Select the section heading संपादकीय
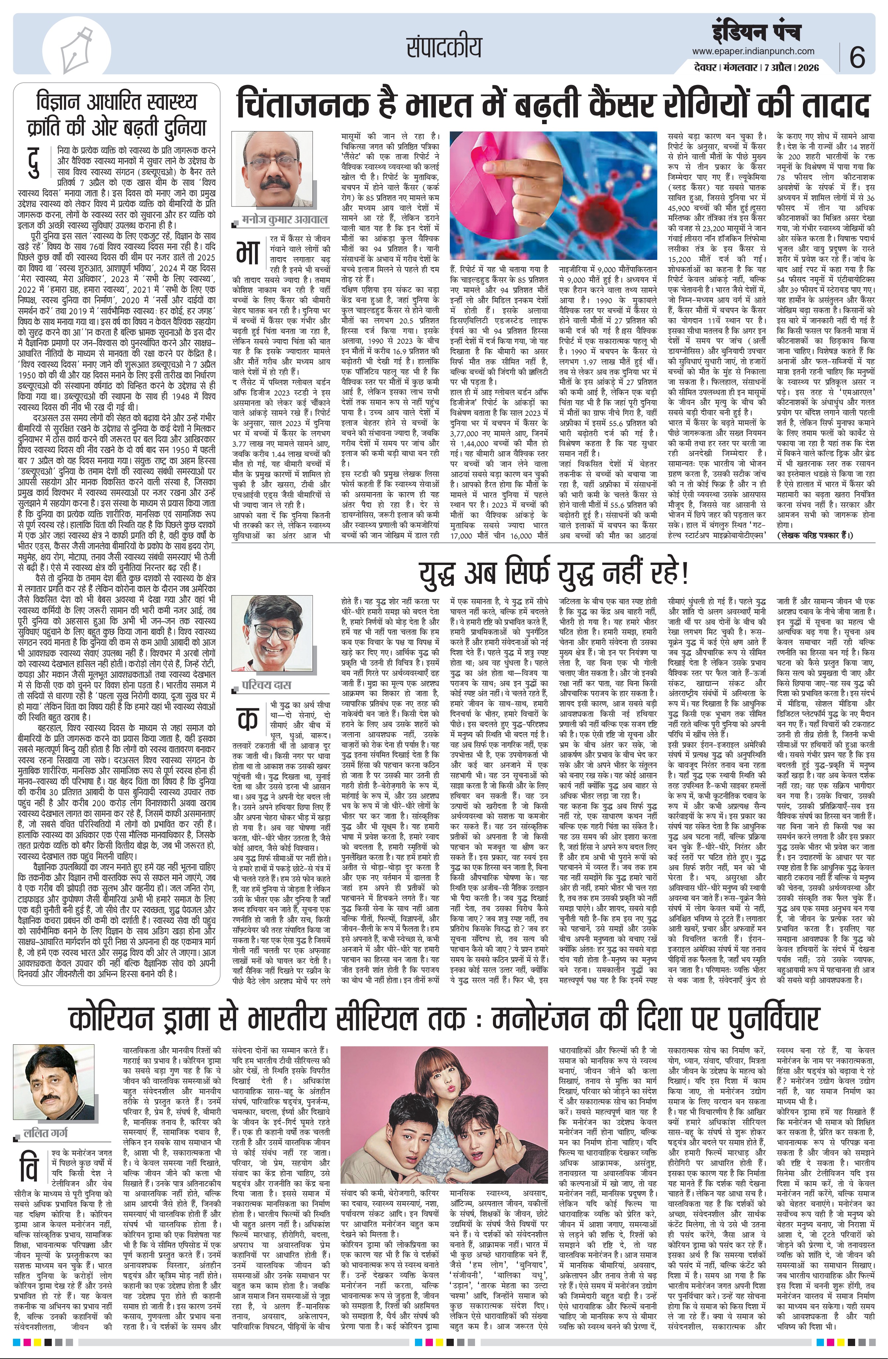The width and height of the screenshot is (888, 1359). point(444,48)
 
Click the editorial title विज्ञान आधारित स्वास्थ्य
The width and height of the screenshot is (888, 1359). point(116,103)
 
